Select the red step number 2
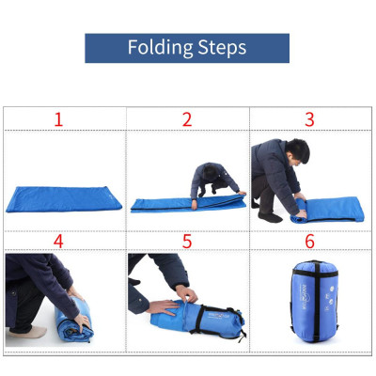[x=187, y=119]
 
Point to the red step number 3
[x=309, y=119]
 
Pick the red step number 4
[x=58, y=242]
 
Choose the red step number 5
[x=187, y=242]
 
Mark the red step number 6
[x=309, y=242]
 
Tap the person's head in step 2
[x=209, y=170]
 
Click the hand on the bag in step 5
[x=169, y=307]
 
